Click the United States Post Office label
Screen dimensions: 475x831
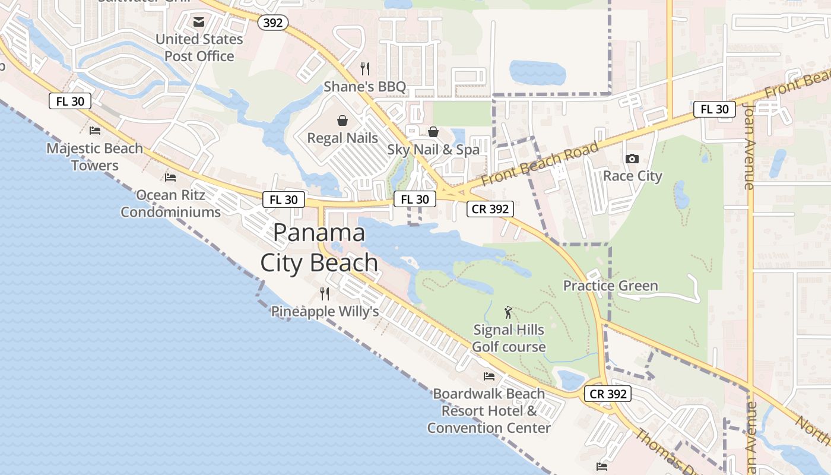(x=199, y=47)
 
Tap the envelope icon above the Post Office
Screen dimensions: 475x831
(x=199, y=22)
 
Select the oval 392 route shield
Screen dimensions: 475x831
(x=273, y=23)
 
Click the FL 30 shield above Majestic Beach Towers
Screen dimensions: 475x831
(x=70, y=101)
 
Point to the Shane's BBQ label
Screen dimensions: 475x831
(x=364, y=87)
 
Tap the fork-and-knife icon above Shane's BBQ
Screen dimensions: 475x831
(x=365, y=69)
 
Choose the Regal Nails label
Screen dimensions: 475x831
(x=342, y=138)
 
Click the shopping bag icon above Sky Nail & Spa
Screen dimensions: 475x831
(x=433, y=131)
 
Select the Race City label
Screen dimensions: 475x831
(x=632, y=176)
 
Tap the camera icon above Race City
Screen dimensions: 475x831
(x=632, y=159)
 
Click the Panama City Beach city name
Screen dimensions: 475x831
(x=319, y=248)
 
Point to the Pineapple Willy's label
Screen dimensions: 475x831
(x=325, y=311)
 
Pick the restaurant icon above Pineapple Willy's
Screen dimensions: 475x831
(x=325, y=293)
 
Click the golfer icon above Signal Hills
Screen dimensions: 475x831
(x=508, y=312)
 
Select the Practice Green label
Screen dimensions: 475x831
(x=610, y=286)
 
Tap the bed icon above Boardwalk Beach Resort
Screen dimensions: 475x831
(x=489, y=376)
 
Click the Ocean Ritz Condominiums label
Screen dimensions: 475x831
(x=171, y=203)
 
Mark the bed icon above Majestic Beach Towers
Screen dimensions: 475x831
(x=95, y=131)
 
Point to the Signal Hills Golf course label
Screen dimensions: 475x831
(x=509, y=338)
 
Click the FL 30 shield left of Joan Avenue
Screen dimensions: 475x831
(x=715, y=109)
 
